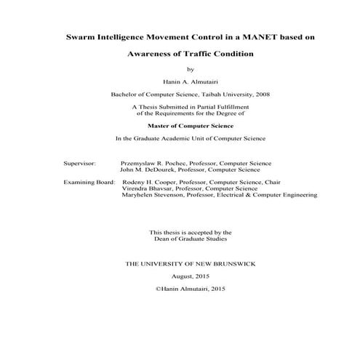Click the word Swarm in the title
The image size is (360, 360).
coord(81,36)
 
